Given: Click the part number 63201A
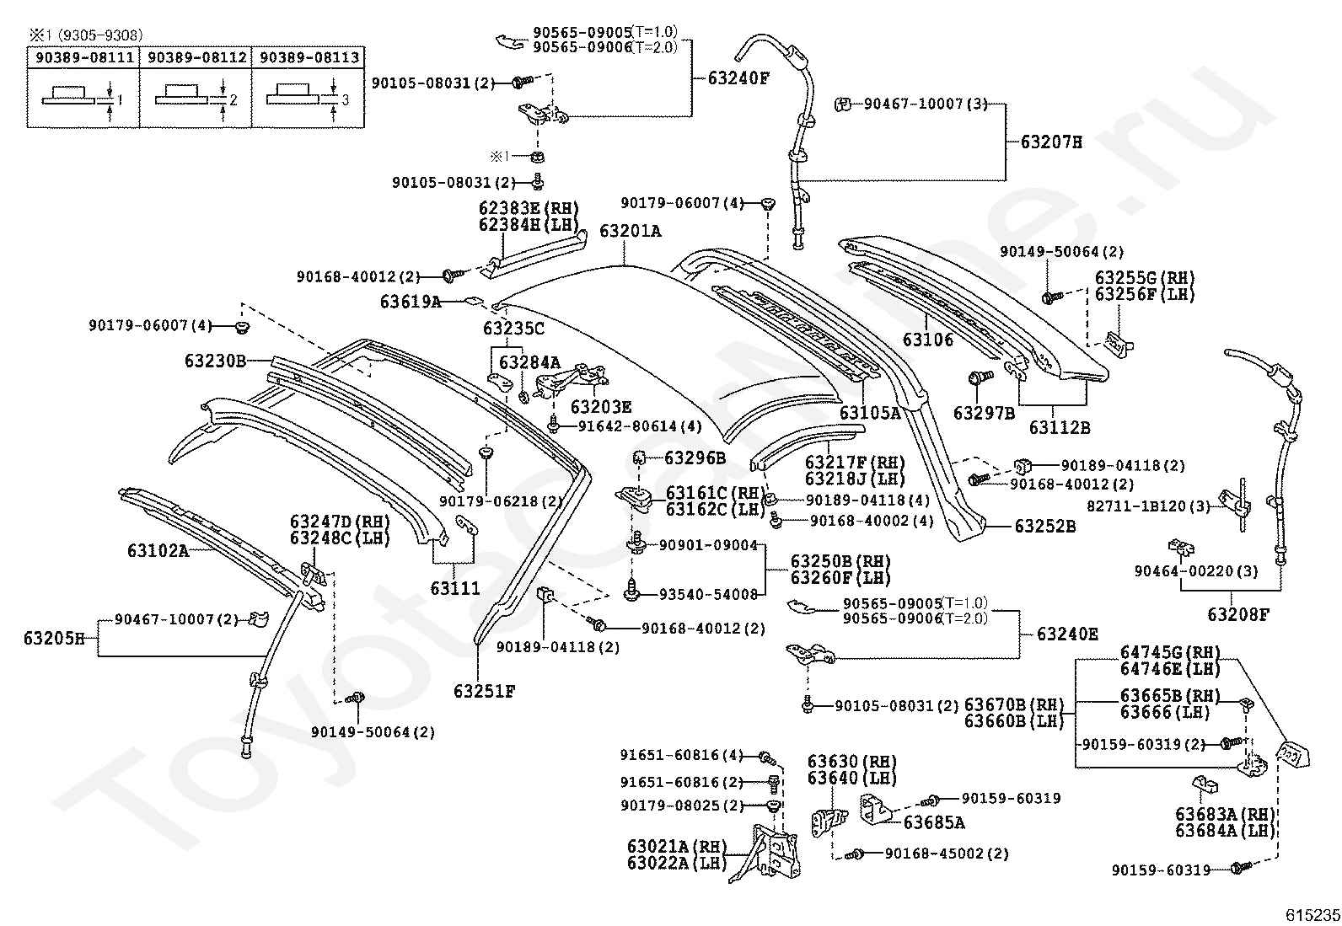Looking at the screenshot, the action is (631, 231).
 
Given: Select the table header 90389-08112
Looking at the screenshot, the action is (196, 57).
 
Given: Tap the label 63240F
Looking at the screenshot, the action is (738, 78).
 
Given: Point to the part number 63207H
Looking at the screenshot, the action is (1051, 142).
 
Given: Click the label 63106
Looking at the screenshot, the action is (928, 340).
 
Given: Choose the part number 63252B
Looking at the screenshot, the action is (1044, 526).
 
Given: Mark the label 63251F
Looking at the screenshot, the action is (484, 691).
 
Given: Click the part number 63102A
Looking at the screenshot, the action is (158, 550).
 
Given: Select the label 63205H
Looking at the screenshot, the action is (54, 639).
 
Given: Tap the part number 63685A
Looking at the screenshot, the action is (934, 823).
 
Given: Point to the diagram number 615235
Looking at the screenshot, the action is (1312, 915).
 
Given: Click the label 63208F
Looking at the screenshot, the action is (1238, 614).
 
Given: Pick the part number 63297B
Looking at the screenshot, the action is (985, 413).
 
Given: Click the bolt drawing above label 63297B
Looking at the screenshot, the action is (980, 377).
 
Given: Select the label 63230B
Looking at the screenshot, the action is (215, 361).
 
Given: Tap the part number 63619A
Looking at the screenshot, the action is (411, 302).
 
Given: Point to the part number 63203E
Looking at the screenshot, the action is (601, 407).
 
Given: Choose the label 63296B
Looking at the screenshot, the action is (695, 458).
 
